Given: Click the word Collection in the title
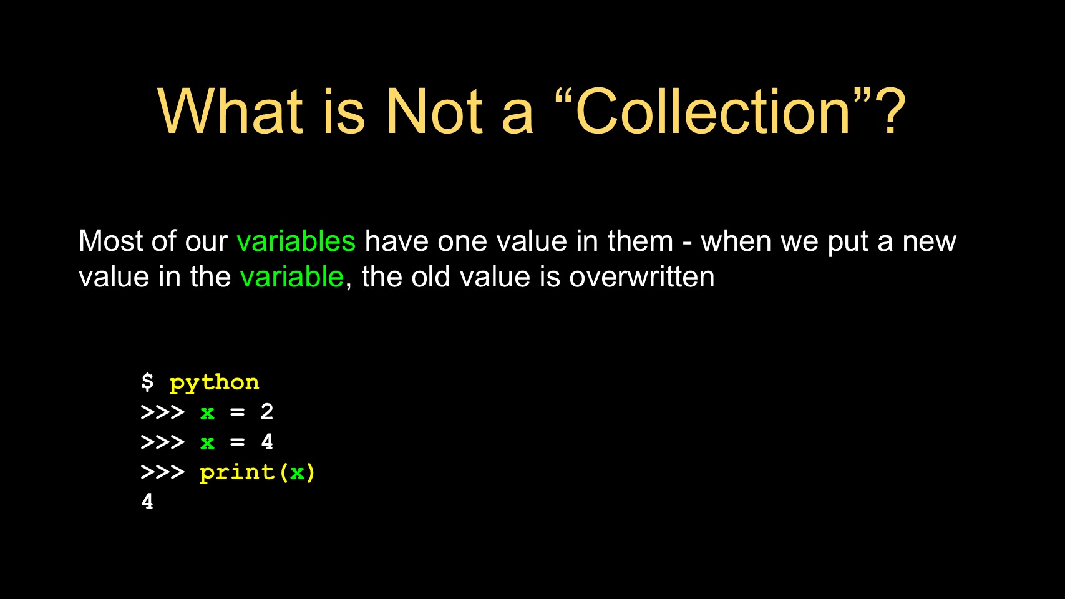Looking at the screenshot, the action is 712,112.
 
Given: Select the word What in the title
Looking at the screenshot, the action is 230,112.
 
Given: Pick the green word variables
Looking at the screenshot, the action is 296,241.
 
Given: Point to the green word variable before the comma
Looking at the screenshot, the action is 291,276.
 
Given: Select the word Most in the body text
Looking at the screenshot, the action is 111,241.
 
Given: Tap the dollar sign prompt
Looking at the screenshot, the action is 147,382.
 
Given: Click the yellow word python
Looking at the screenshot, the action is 215,383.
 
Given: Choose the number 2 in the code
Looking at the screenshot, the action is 267,412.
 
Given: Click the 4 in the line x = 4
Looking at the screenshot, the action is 267,442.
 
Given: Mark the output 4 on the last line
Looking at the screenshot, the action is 147,502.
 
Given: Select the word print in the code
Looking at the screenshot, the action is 237,473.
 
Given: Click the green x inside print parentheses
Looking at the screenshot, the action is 297,473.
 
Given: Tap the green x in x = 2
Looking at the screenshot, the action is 207,413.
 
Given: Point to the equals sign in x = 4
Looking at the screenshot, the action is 237,442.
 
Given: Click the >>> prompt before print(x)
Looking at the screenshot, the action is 163,472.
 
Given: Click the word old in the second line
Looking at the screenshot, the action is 430,276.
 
